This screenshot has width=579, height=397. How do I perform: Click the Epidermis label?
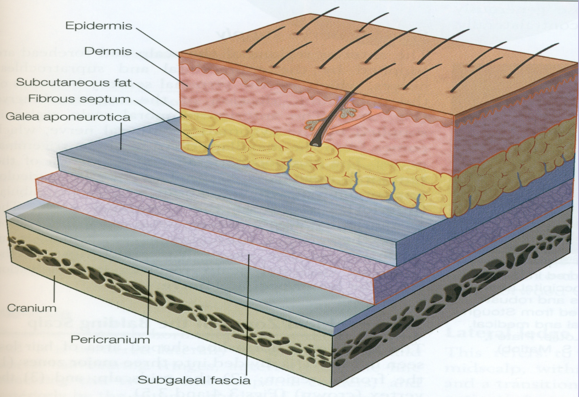pos(99,26)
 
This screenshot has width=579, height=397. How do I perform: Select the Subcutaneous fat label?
pos(74,83)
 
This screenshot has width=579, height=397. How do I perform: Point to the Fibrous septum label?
pos(80,99)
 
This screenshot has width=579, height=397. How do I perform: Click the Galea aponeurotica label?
pos(68,117)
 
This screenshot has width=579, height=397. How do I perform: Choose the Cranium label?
pos(32,308)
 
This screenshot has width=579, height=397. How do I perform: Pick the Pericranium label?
pos(111,338)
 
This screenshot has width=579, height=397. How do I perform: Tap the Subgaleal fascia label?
pos(194,380)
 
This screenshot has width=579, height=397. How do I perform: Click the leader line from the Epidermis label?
pos(158,41)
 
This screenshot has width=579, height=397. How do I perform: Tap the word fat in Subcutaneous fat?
pos(123,83)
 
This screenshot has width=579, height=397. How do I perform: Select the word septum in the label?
pos(111,99)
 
